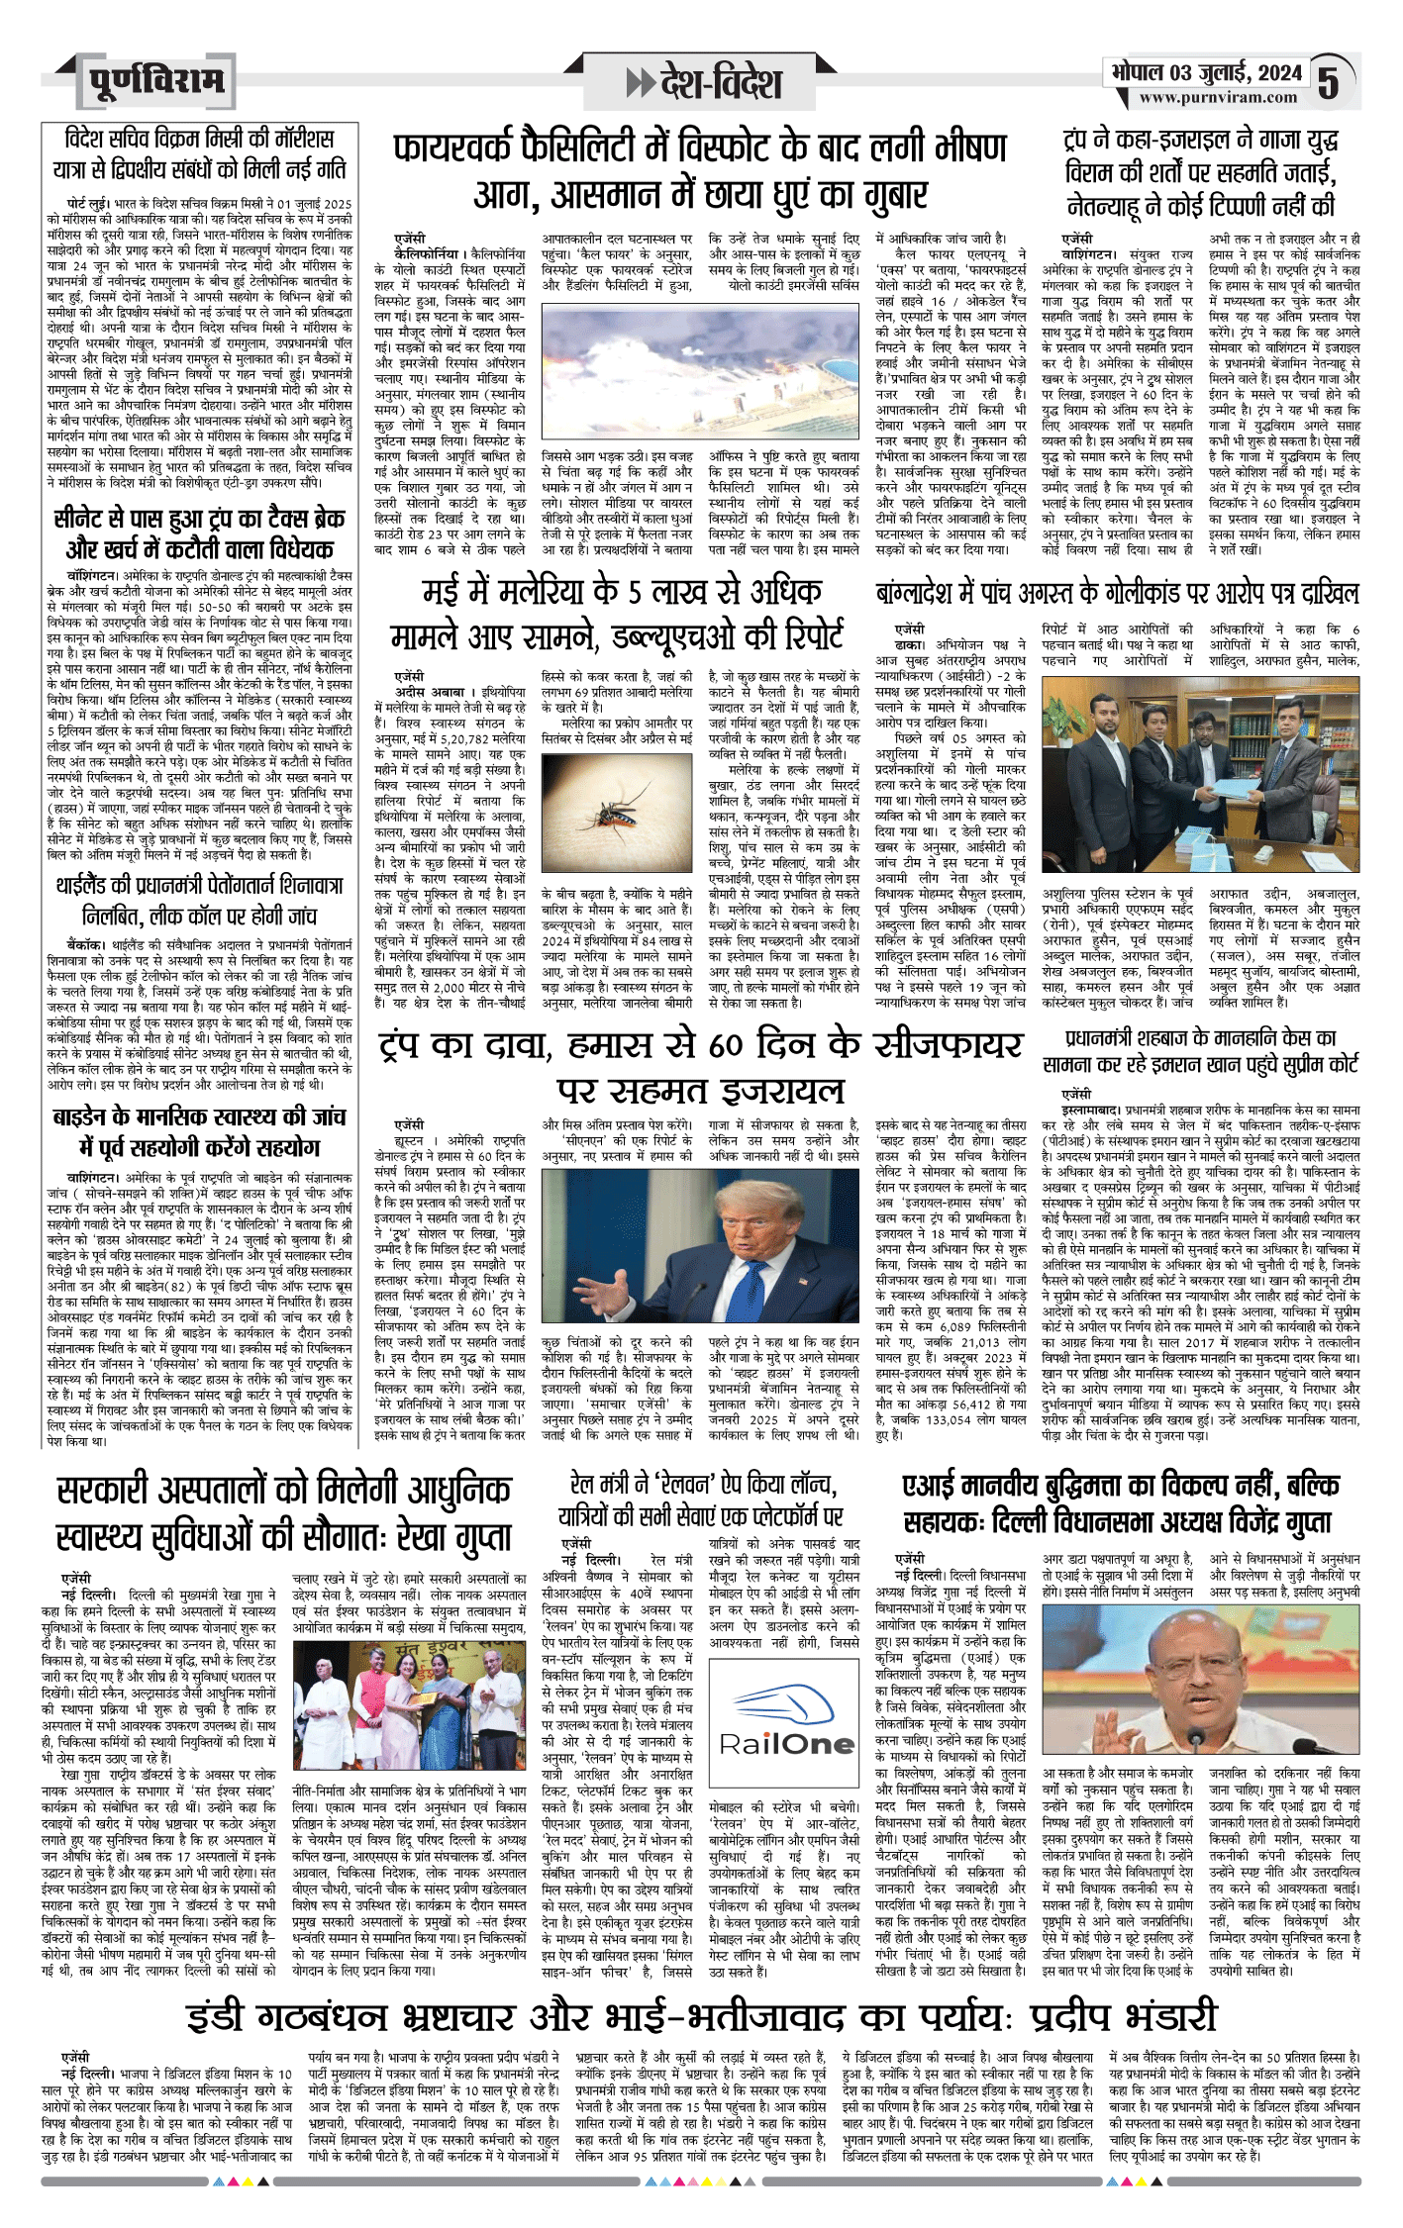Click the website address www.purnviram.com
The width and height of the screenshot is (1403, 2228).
tap(1218, 97)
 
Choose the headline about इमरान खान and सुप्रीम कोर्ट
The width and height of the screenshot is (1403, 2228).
tap(1200, 1050)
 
